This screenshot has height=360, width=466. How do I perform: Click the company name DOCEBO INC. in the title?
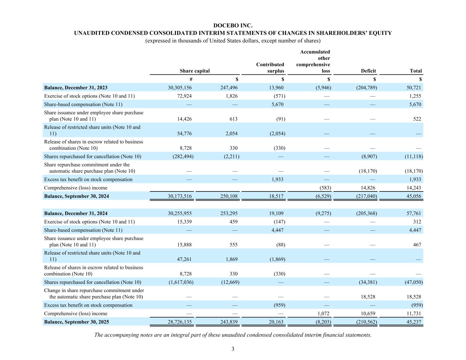pyautogui.click(x=233, y=26)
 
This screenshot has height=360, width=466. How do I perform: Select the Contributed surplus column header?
pyautogui.click(x=270, y=68)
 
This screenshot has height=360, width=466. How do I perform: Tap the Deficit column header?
pyautogui.click(x=368, y=71)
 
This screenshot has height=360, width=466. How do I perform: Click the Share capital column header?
pyautogui.click(x=195, y=71)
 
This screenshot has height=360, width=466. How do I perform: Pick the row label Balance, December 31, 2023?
pyautogui.click(x=76, y=88)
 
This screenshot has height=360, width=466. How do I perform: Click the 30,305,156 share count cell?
pyautogui.click(x=180, y=88)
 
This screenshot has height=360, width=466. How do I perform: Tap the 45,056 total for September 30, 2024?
pyautogui.click(x=414, y=196)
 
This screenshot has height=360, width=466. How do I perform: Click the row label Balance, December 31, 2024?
pyautogui.click(x=76, y=214)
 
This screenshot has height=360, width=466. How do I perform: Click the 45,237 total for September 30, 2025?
pyautogui.click(x=414, y=322)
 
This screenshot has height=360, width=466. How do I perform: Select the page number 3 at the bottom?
pyautogui.click(x=233, y=349)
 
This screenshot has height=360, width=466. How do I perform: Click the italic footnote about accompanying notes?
pyautogui.click(x=233, y=335)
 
